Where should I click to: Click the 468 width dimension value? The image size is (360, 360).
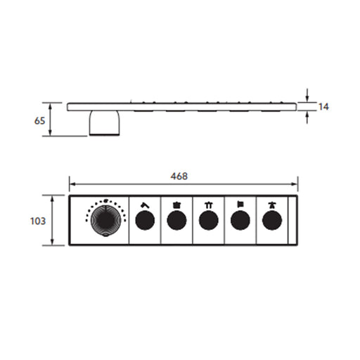[x=179, y=176]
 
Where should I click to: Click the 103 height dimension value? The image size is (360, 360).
[x=38, y=221]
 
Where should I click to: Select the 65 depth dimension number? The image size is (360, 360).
[x=39, y=121]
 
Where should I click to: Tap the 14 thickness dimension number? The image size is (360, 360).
[x=323, y=107]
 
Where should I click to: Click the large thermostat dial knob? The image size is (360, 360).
[x=106, y=220]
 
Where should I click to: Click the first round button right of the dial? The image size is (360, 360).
[x=145, y=220]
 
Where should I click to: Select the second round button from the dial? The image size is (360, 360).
[x=176, y=220]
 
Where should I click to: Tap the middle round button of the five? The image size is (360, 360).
[x=209, y=220]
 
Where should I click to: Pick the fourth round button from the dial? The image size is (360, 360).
[x=240, y=220]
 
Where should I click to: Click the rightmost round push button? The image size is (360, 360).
[x=272, y=220]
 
